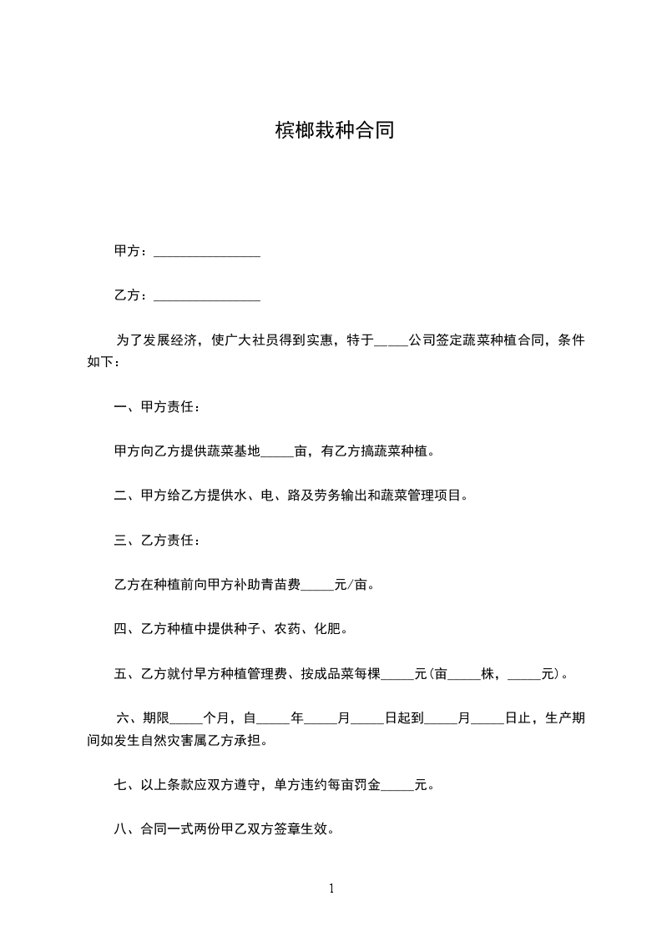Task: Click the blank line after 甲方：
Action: click(207, 252)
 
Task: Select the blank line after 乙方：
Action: click(207, 296)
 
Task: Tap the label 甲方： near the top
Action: click(132, 251)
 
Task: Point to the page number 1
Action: click(331, 888)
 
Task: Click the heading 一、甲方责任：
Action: click(157, 408)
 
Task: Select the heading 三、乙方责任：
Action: click(157, 541)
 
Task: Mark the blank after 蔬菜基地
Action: click(278, 453)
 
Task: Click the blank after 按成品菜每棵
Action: click(397, 674)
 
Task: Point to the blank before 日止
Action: click(488, 718)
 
